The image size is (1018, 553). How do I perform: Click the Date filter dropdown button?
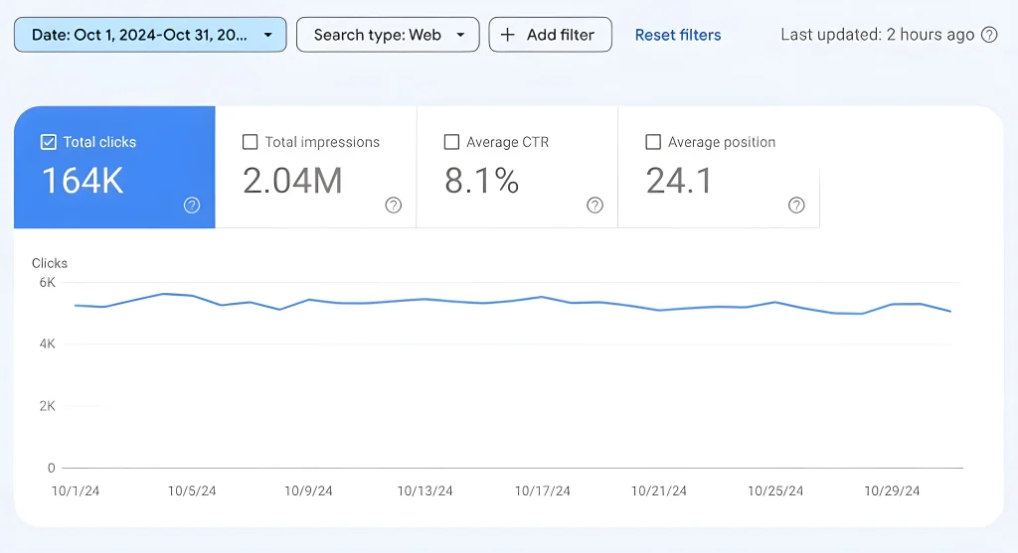150,35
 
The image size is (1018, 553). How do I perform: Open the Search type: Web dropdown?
388,35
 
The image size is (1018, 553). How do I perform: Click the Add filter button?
550,35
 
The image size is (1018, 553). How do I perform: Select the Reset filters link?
678,35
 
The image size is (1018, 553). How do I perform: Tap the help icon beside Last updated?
989,35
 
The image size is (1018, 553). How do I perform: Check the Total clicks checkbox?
49,142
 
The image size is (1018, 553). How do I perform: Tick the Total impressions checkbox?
251,142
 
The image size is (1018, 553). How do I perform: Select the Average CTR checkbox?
451,142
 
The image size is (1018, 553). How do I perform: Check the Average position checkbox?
653,142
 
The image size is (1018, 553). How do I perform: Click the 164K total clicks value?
83,181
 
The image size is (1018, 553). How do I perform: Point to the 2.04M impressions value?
292,181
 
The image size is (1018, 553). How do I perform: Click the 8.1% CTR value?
481,181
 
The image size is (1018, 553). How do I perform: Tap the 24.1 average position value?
679,181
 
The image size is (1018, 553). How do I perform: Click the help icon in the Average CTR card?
594,206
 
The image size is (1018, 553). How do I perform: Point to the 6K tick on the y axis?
47,282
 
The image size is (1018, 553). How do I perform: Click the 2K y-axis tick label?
47,406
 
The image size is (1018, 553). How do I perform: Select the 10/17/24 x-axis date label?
542,491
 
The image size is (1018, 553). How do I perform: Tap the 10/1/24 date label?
75,491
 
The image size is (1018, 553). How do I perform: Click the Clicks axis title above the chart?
50,263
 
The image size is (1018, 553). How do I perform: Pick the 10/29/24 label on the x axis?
892,491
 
